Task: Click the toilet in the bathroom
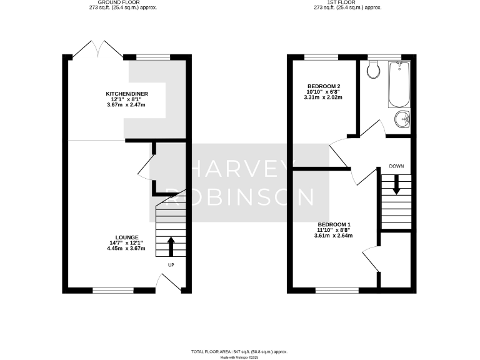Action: click(374, 70)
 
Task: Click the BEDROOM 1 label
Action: click(334, 224)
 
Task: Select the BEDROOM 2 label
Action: click(323, 86)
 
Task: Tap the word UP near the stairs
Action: click(171, 264)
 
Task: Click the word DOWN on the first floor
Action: click(395, 166)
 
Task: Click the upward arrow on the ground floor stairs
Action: click(170, 246)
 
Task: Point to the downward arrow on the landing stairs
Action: click(395, 184)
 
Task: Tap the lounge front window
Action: click(112, 290)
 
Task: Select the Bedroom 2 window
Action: click(321, 57)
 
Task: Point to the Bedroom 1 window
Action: click(337, 290)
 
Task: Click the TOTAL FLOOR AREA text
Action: click(240, 352)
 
